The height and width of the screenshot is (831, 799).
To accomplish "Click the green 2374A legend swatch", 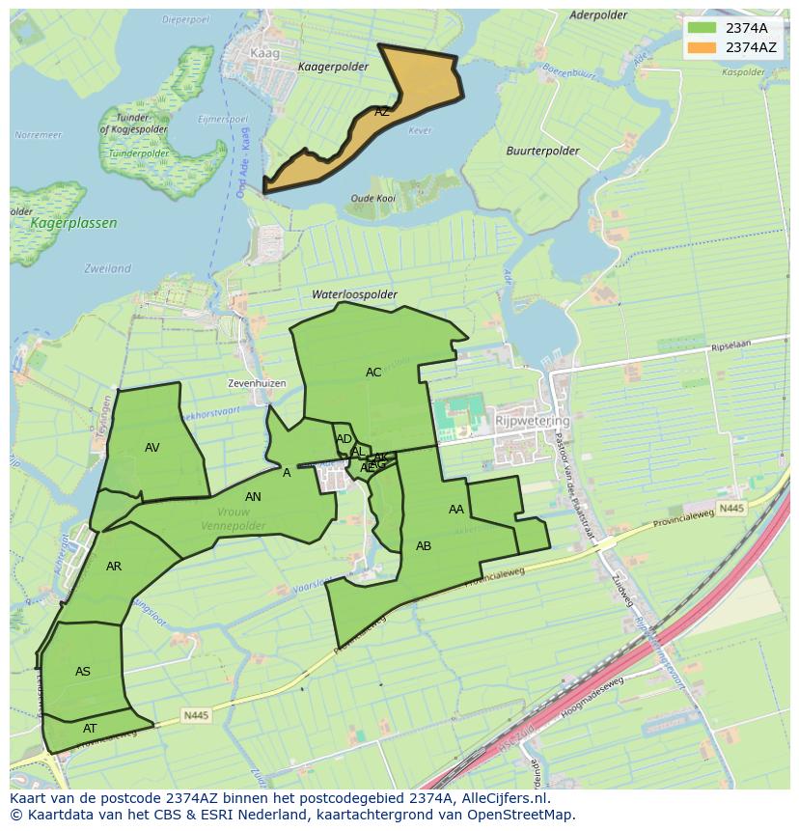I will pyautogui.click(x=703, y=28).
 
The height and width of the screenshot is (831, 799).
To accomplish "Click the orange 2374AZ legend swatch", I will pyautogui.click(x=703, y=47).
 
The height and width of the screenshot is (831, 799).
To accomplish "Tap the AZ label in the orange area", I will pyautogui.click(x=382, y=112).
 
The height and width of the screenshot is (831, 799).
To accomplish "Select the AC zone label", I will pyautogui.click(x=373, y=373).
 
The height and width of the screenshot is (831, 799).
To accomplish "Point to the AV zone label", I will pyautogui.click(x=152, y=448).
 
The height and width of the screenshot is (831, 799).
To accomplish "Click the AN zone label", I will pyautogui.click(x=253, y=497).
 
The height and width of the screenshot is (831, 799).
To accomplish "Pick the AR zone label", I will pyautogui.click(x=114, y=567).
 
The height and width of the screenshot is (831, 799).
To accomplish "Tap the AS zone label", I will pyautogui.click(x=83, y=672).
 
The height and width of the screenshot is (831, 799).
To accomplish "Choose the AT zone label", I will pyautogui.click(x=90, y=729).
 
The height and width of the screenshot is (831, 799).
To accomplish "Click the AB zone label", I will pyautogui.click(x=424, y=546).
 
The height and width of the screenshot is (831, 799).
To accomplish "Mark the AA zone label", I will pyautogui.click(x=456, y=510).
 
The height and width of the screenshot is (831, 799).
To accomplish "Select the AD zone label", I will pyautogui.click(x=344, y=439).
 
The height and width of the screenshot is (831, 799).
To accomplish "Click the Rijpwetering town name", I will pyautogui.click(x=532, y=422).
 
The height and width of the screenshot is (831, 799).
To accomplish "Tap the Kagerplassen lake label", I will pyautogui.click(x=73, y=223).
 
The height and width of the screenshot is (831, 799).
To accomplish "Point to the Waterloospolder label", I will pyautogui.click(x=354, y=294).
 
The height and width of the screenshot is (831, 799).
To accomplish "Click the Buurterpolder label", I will pyautogui.click(x=542, y=152).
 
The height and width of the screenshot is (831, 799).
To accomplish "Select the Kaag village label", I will pyautogui.click(x=263, y=54).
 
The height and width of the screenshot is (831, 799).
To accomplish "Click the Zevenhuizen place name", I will pyautogui.click(x=257, y=383).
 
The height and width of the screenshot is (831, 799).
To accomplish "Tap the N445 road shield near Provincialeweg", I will pyautogui.click(x=732, y=508).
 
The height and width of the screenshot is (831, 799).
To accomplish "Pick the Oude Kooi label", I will pyautogui.click(x=372, y=198).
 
